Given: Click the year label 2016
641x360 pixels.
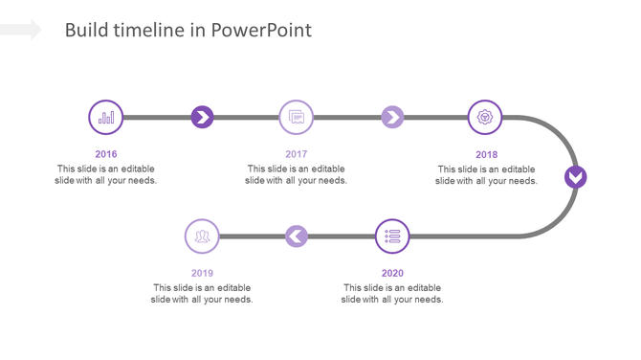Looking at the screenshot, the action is click(106, 154).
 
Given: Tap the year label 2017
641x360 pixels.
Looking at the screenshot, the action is click(296, 154).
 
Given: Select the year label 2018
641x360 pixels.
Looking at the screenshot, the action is click(486, 154).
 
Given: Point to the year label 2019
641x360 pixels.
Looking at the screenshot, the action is click(202, 273).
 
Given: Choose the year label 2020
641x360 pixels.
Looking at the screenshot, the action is click(392, 273).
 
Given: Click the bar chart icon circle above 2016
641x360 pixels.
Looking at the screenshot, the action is click(106, 118).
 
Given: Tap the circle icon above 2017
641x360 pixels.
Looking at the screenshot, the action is click(297, 118).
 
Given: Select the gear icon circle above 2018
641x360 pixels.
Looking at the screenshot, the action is click(486, 118).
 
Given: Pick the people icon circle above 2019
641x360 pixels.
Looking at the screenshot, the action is click(202, 236).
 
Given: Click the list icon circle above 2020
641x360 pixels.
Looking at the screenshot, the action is click(392, 236).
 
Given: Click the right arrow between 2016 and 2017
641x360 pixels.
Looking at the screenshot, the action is click(202, 118).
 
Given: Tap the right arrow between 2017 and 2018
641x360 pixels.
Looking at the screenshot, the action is click(392, 118).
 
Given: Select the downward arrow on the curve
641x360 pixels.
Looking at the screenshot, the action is click(575, 177).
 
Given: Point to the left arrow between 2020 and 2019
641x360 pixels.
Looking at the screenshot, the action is click(297, 236).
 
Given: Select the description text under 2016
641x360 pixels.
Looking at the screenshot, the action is click(106, 174).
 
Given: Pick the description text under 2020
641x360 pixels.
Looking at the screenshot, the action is click(392, 293).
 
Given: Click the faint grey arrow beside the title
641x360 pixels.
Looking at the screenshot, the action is click(21, 30).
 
